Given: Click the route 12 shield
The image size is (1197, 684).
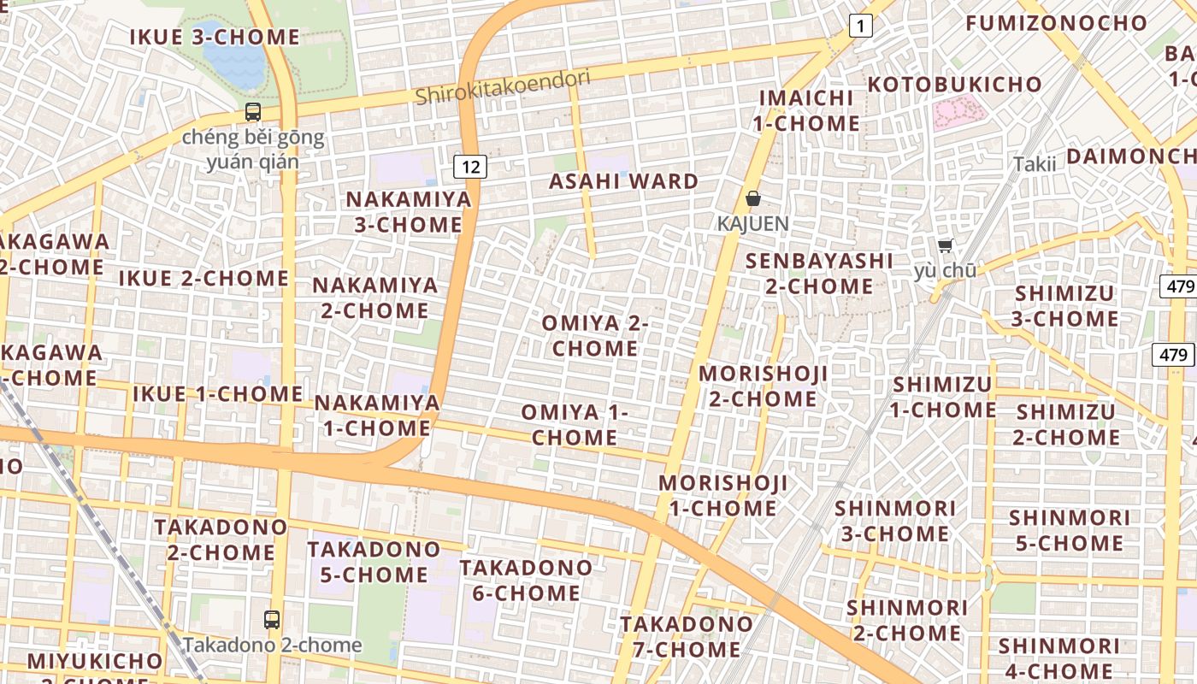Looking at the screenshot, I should (470, 166).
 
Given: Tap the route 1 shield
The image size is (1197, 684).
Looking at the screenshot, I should (860, 27).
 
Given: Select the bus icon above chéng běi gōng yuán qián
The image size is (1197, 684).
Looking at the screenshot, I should (252, 112).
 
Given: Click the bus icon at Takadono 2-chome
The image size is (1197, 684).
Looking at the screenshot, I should (272, 620).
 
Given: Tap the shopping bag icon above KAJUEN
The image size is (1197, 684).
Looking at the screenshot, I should (753, 199).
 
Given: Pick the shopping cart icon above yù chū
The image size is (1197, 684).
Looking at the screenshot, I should (945, 246).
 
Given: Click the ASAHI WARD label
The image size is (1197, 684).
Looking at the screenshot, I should (623, 181).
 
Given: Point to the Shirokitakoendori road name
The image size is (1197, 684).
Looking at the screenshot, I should (503, 87).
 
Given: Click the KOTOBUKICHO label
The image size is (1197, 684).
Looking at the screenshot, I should (954, 85).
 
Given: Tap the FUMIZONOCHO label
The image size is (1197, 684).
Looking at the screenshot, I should (1056, 23).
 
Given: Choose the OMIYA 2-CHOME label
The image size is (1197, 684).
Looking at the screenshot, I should (595, 336).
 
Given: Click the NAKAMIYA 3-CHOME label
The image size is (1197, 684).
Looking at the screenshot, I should (409, 212).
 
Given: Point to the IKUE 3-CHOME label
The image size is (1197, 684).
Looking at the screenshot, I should (215, 37).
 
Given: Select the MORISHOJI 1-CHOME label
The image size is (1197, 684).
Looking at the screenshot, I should (722, 495).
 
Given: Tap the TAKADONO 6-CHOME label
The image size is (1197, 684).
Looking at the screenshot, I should (526, 580).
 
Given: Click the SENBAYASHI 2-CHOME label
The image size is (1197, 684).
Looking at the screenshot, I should (818, 273).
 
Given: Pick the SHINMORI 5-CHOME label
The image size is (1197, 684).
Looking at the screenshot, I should (1069, 530).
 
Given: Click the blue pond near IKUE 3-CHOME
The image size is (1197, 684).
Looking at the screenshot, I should (233, 61).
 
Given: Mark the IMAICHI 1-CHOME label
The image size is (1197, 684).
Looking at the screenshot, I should (806, 110).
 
